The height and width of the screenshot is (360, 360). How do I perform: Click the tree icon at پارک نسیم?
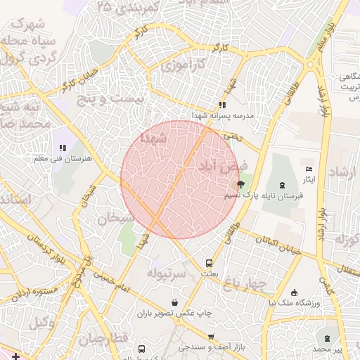(x=241, y=185)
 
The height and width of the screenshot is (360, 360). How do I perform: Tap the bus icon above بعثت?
(x=207, y=262)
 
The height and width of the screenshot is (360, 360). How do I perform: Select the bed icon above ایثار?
(x=309, y=169)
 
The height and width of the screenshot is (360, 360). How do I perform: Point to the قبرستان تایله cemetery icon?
(x=282, y=185)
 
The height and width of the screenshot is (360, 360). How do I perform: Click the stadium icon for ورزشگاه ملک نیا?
(x=294, y=292)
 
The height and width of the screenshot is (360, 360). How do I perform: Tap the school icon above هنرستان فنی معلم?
(x=63, y=148)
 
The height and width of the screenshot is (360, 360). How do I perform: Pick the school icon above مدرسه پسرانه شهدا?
(x=223, y=104)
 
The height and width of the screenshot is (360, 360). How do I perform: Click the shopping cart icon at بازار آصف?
(x=210, y=337)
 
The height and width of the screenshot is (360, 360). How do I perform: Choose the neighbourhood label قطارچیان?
(x=103, y=340)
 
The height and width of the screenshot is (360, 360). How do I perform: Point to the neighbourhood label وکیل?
(x=43, y=322)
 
